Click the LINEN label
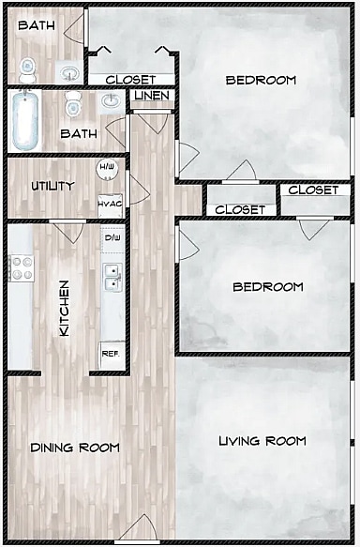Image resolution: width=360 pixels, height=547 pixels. point(151,96)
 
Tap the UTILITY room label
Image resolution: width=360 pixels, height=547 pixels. point(52,186)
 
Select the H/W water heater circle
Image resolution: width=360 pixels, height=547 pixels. point(109,169)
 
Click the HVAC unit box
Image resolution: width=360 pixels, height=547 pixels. point(111,203)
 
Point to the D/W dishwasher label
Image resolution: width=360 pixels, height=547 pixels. point(112,238)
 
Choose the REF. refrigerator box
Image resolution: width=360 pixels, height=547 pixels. point(111,355)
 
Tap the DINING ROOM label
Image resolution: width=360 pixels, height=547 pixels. point(75,448)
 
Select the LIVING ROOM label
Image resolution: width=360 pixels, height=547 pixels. point(262,441)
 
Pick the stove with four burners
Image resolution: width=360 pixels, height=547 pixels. point(21,268)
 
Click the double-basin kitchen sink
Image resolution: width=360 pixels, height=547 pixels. point(112,276)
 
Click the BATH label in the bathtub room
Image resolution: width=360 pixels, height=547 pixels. point(79,134)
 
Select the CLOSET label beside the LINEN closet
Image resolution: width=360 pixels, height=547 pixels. point(130,80)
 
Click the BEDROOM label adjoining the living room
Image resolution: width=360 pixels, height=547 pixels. point(268,287)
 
